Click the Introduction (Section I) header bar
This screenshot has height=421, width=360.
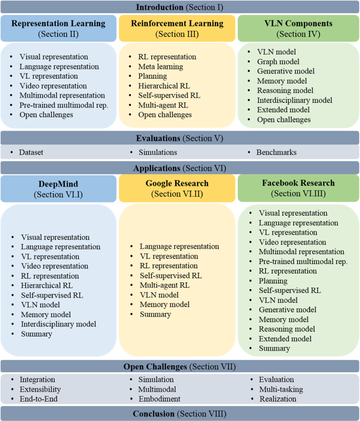(x=180, y=7)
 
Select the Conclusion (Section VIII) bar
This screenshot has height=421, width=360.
(x=180, y=414)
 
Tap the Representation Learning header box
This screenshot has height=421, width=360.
(x=58, y=28)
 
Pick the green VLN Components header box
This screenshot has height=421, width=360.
(x=299, y=28)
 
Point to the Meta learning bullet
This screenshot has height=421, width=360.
(x=160, y=67)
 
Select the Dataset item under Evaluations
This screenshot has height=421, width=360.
(x=31, y=152)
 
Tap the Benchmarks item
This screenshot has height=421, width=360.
(x=276, y=152)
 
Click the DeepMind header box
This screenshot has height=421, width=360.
(x=58, y=188)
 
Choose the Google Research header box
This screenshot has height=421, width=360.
(x=177, y=188)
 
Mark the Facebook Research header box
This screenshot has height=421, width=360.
(x=299, y=188)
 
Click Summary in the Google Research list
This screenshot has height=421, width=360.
(x=155, y=314)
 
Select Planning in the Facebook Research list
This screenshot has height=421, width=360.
(x=273, y=281)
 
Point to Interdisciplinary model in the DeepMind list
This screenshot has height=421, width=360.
(x=58, y=324)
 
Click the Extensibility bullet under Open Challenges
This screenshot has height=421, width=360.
(x=40, y=390)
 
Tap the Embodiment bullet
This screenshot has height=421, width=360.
(x=159, y=399)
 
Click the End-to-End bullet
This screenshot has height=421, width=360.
(x=38, y=399)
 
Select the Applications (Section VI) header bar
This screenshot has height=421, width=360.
(x=180, y=169)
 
